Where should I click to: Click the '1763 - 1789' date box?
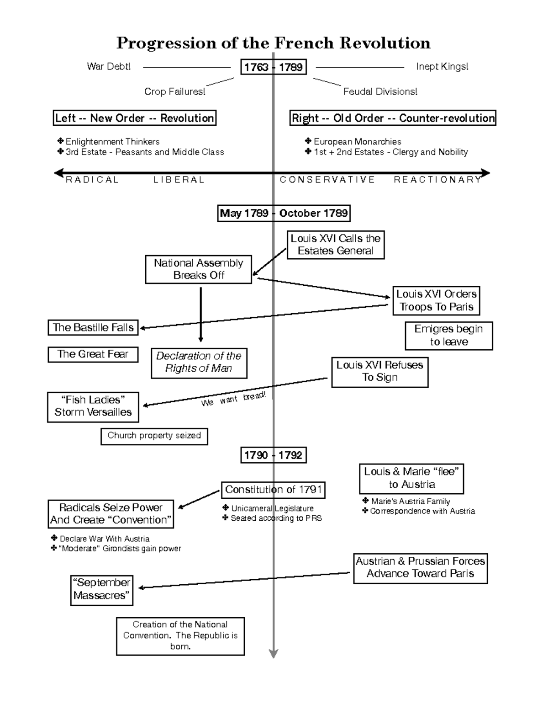[273, 67]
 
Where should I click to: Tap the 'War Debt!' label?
[109, 67]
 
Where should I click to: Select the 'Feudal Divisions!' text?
[380, 92]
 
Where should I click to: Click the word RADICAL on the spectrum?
[92, 180]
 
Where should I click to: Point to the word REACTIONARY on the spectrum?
[437, 180]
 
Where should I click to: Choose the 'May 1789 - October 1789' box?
[284, 214]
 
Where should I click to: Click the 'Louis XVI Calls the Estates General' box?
[335, 245]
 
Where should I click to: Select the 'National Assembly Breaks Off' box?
[199, 269]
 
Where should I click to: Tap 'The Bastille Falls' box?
[93, 328]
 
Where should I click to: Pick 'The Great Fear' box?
[93, 354]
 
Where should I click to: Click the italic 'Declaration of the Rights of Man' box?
[199, 363]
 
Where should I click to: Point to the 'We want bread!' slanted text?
[233, 399]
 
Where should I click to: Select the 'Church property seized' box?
[154, 436]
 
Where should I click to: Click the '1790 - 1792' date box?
[273, 455]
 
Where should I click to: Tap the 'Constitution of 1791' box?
[273, 490]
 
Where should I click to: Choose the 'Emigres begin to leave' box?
[448, 336]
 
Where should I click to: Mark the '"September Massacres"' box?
[102, 590]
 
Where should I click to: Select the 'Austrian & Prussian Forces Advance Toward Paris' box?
[420, 568]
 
